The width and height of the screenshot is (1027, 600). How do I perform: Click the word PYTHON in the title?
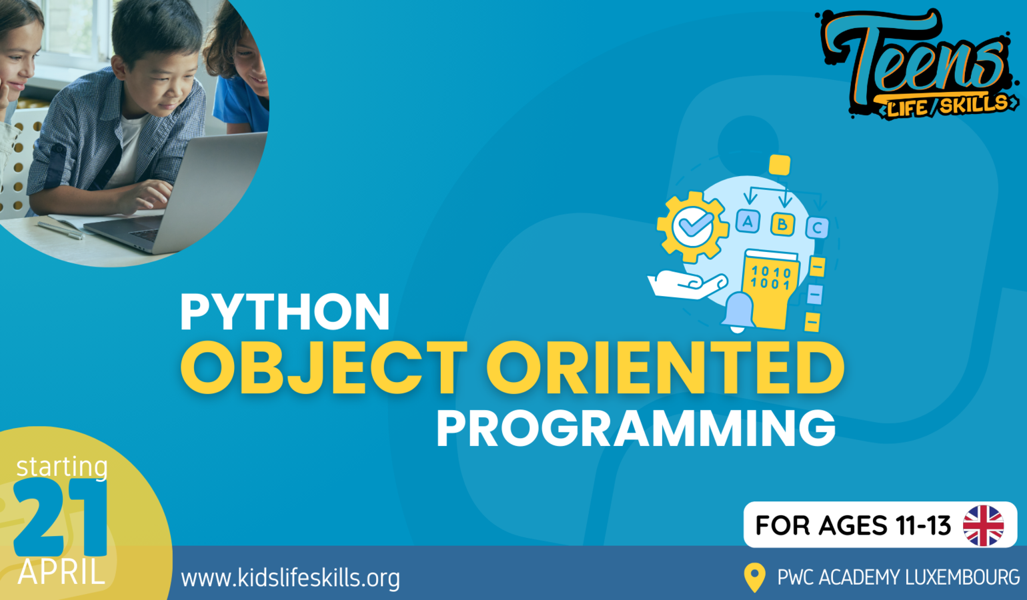(285, 311)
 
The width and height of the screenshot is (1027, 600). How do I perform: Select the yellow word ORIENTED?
(666, 367)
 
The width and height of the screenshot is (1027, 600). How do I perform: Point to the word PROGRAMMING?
(636, 428)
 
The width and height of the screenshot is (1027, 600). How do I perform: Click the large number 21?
(60, 517)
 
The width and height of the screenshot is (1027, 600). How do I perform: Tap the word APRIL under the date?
(61, 572)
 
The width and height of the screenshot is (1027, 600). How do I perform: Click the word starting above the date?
(62, 467)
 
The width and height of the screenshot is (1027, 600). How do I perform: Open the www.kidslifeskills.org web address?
(290, 577)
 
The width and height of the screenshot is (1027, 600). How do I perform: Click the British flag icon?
(983, 525)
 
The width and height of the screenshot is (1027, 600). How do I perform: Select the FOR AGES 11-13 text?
(853, 525)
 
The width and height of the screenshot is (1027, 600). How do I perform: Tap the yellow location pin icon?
(755, 577)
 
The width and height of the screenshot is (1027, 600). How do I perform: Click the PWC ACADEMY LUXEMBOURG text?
(899, 577)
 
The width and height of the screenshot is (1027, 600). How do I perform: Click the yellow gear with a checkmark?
(692, 227)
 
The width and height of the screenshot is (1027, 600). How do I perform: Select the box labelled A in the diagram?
(748, 221)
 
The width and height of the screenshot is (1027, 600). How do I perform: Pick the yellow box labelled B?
(783, 224)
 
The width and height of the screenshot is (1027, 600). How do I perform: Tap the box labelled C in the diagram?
(817, 227)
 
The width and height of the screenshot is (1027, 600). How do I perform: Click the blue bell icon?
(738, 312)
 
